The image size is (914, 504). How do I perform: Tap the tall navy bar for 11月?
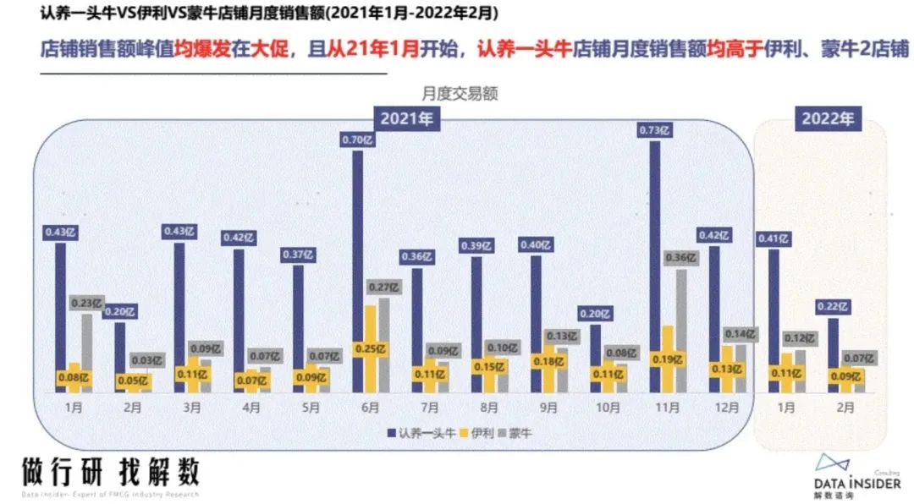pos(655,266)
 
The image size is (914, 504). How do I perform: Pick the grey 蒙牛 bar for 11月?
pos(681,330)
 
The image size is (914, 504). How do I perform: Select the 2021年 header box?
pos(406,118)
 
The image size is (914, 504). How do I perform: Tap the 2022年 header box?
pos(828,118)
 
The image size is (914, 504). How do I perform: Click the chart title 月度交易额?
pos(460,94)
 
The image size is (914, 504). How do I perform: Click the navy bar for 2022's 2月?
pos(833,355)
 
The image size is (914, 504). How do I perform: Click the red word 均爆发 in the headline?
pos(196,49)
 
